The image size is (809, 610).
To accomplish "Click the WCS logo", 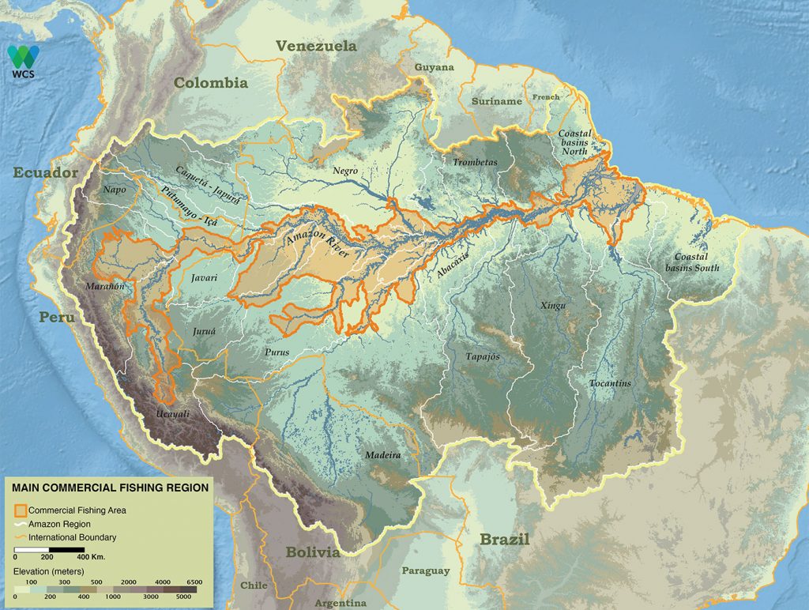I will (23, 60).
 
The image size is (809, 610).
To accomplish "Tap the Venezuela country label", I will (316, 47).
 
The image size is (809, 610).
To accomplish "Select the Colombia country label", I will (211, 83).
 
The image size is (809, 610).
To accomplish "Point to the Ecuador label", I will (45, 173).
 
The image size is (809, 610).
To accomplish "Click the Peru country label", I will (57, 318).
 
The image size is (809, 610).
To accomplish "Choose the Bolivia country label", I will (313, 552).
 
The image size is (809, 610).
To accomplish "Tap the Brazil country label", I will (504, 540).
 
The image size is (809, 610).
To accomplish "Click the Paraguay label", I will (425, 570).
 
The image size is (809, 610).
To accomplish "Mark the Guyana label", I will (435, 68).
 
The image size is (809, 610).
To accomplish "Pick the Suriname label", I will (497, 102).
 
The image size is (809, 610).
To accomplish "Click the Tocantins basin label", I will (610, 383).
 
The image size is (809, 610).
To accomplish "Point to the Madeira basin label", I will (382, 456).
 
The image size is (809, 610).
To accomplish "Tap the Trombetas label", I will (475, 163).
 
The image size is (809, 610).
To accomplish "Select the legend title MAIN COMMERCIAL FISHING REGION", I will (110, 488).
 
